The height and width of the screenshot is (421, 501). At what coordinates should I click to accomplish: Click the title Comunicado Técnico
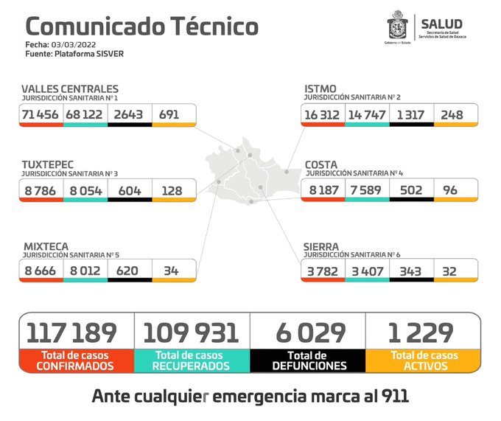[141, 27]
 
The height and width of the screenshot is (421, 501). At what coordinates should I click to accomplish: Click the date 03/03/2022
[82, 44]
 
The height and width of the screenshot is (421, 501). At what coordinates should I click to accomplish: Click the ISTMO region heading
[321, 89]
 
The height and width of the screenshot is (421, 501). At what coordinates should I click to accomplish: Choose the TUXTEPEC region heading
[48, 164]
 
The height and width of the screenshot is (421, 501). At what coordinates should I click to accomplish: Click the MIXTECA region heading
[46, 246]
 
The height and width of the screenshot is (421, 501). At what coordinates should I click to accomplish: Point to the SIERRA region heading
[322, 246]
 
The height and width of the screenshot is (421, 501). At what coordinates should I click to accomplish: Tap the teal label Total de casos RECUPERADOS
[192, 361]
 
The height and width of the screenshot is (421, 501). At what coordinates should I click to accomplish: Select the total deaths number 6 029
[308, 333]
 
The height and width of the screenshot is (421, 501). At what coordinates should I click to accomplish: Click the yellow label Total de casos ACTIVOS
[424, 361]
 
